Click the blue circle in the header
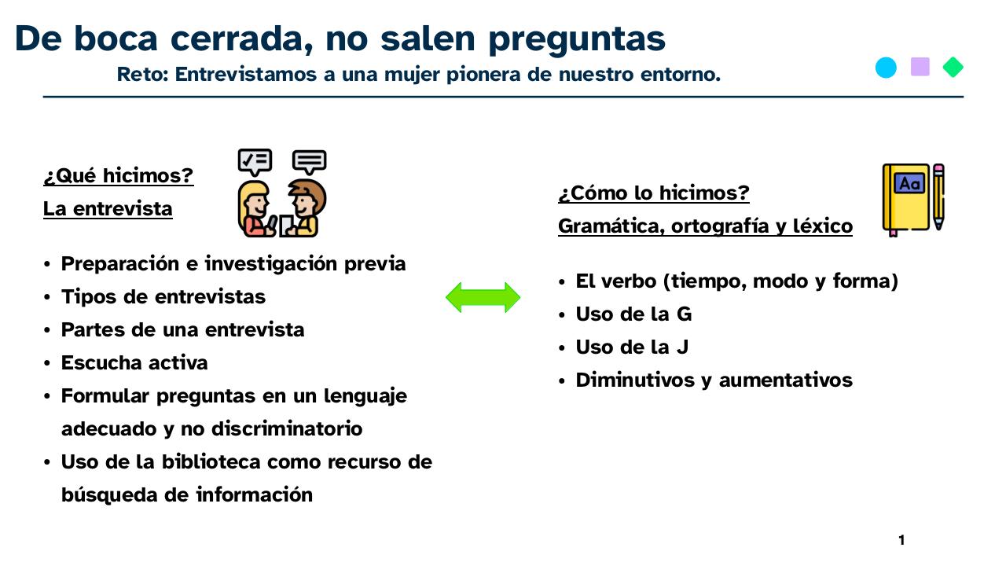tap(886, 68)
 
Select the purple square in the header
tap(920, 68)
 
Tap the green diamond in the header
tap(953, 68)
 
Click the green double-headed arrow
tap(483, 298)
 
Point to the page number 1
tap(901, 540)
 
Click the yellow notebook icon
tap(906, 198)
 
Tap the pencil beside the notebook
tap(938, 197)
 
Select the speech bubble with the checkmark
tap(255, 162)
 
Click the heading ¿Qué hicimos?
tap(118, 176)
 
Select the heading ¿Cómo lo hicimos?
tap(653, 193)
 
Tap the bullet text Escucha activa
tap(134, 363)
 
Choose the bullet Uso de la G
tap(633, 314)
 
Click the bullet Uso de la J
tap(632, 347)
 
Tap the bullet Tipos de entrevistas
tap(163, 297)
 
